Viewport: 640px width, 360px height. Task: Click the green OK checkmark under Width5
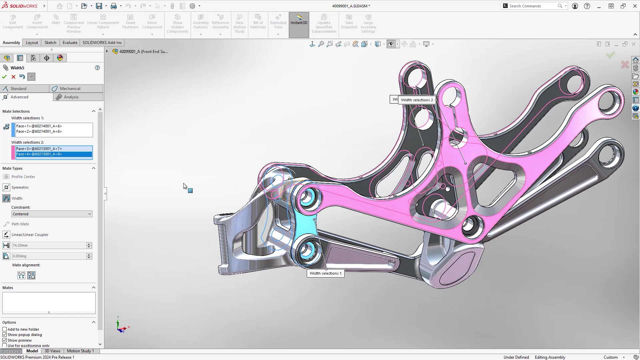click(4, 77)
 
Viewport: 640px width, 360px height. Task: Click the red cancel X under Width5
click(13, 77)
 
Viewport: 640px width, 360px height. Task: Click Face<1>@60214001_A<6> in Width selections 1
click(39, 126)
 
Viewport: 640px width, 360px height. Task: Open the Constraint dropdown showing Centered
click(52, 214)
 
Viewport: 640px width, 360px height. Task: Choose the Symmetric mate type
click(20, 187)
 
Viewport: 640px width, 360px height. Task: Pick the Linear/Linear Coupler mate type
click(30, 235)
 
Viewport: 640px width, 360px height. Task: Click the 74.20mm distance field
click(49, 245)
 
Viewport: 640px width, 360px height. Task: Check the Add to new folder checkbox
click(5, 329)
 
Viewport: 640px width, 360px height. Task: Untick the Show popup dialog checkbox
click(5, 335)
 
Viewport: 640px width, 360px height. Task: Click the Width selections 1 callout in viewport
click(325, 273)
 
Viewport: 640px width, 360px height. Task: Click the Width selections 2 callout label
click(417, 100)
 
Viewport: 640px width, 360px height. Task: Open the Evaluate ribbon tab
click(70, 43)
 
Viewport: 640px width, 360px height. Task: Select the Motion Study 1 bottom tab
click(80, 351)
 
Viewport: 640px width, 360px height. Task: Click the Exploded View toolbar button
click(278, 23)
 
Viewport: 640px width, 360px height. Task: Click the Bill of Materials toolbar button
click(258, 23)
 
